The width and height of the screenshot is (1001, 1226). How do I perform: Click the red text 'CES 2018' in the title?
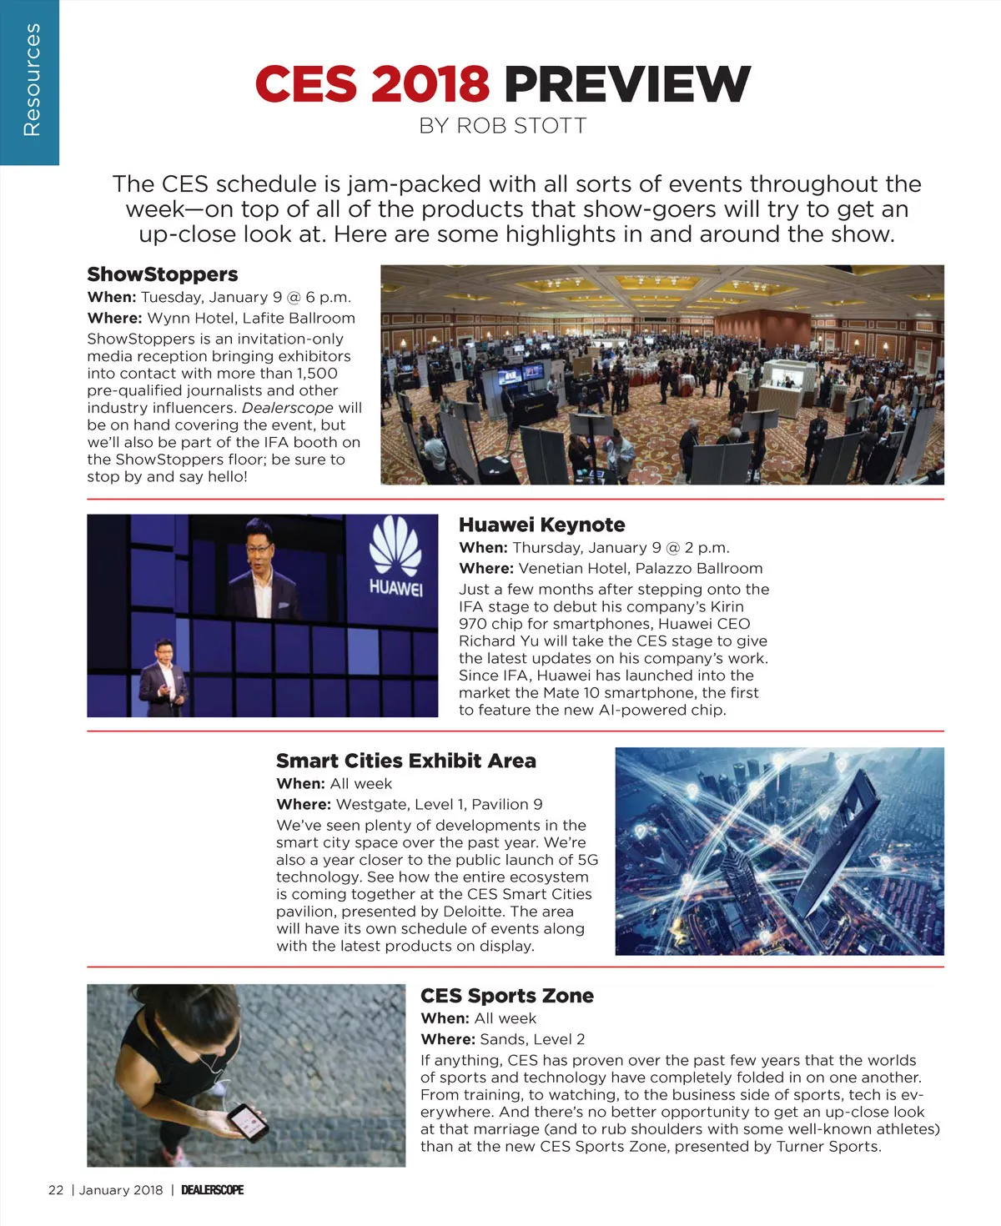(x=371, y=84)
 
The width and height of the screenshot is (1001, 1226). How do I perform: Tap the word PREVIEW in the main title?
(x=626, y=84)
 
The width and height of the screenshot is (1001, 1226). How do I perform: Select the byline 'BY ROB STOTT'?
(x=502, y=126)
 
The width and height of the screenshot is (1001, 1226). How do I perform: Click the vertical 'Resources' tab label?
(x=31, y=80)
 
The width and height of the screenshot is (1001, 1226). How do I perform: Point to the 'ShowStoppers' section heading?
(x=163, y=274)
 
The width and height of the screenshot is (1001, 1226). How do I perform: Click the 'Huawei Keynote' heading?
(x=541, y=525)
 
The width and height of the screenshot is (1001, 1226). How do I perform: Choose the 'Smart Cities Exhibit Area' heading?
(x=405, y=761)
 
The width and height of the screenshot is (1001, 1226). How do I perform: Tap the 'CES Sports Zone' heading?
(x=506, y=996)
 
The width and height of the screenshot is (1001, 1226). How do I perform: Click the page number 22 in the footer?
(x=56, y=1190)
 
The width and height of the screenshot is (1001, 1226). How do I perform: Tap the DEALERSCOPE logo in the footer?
(x=212, y=1190)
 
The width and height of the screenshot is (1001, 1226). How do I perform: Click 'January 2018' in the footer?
(x=121, y=1190)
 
